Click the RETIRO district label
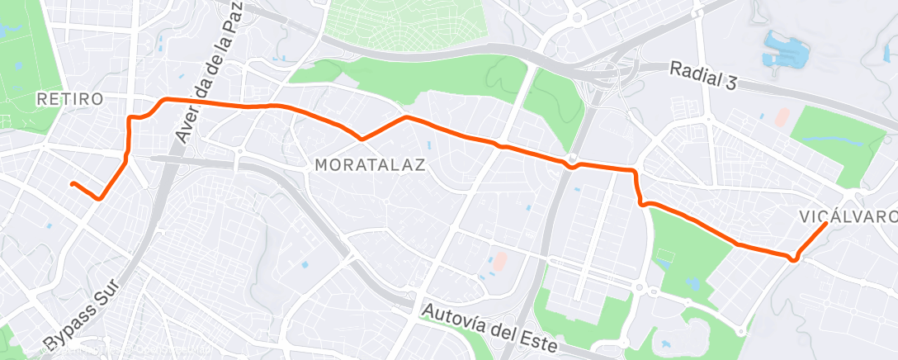[x=70, y=99]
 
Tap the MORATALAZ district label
[x=370, y=165]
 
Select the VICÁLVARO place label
[x=848, y=217]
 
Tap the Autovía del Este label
[x=492, y=326]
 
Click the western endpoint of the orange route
[x=73, y=183]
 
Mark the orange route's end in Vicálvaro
[x=826, y=224]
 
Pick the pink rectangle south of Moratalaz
[x=499, y=262]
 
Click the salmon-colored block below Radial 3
[x=782, y=116]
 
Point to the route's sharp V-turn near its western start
[x=100, y=198]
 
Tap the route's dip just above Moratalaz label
[x=361, y=138]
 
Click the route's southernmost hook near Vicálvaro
[x=794, y=259]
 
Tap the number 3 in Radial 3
[x=730, y=83]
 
